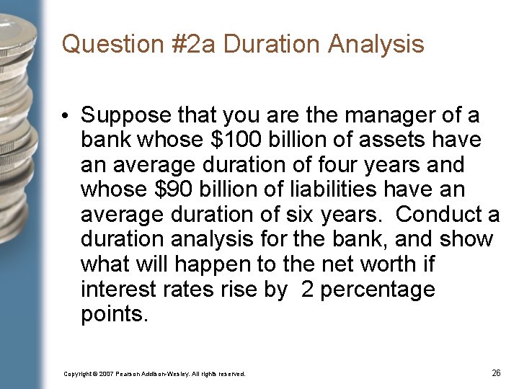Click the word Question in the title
[x=104, y=45]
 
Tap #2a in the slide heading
[x=185, y=45]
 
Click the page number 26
[x=496, y=373]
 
